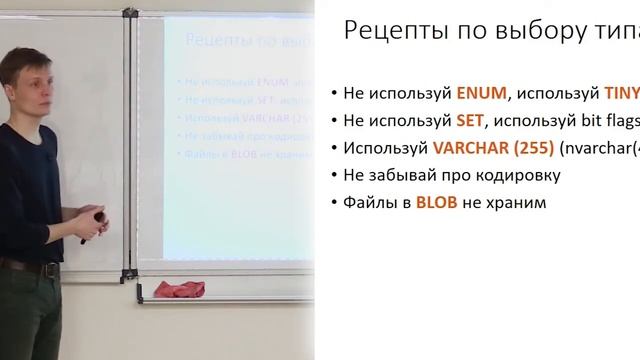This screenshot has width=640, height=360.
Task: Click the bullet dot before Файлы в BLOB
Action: click(x=333, y=200)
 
